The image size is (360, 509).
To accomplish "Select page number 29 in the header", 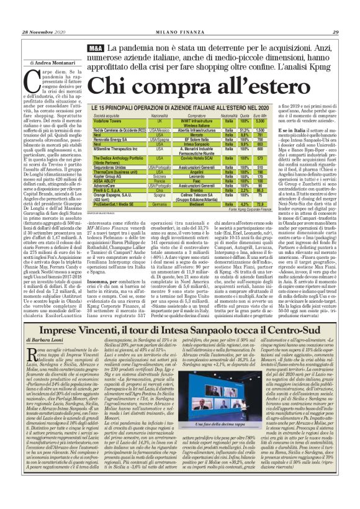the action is pyautogui.click(x=335, y=32).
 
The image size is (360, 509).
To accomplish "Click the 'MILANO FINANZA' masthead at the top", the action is pyautogui.click(x=180, y=32).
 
